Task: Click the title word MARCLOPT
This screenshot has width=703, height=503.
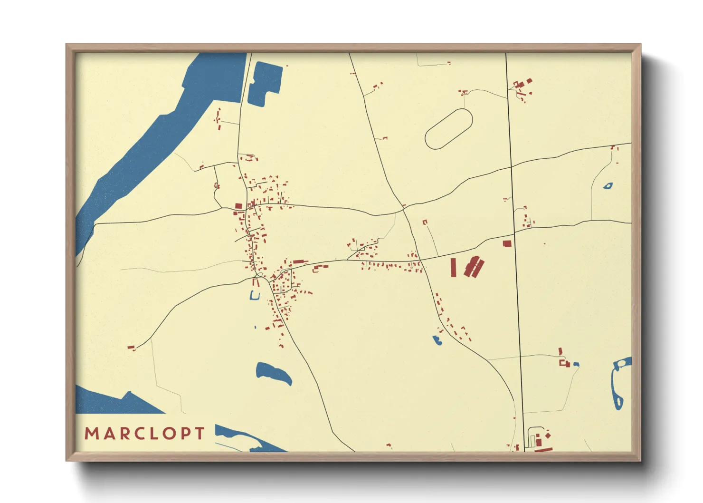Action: click(x=145, y=434)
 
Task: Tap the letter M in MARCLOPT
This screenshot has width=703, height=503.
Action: click(x=91, y=434)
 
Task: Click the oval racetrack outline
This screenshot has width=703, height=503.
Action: click(x=448, y=129)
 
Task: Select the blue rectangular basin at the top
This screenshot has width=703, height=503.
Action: click(x=264, y=83)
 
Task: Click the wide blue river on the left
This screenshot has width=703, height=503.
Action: click(x=157, y=133)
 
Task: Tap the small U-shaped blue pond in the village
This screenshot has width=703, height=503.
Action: click(x=255, y=296)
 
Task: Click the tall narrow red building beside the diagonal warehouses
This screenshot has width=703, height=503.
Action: click(x=453, y=267)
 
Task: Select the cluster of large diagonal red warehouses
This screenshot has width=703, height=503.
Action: click(x=474, y=267)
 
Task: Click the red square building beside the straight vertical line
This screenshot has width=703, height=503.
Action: click(x=507, y=243)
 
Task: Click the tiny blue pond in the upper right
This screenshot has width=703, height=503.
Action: click(x=608, y=186)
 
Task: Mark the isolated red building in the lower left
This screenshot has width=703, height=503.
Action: click(x=131, y=348)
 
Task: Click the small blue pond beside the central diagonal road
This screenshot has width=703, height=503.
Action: click(x=437, y=340)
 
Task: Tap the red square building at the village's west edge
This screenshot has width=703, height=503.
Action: click(x=238, y=206)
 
